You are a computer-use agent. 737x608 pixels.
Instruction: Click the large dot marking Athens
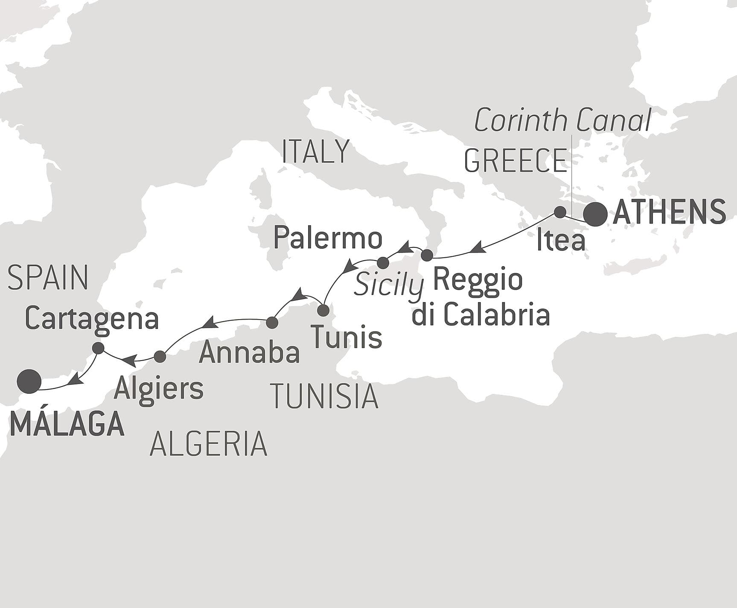tap(595, 214)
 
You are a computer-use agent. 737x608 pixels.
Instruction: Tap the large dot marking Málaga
tap(29, 381)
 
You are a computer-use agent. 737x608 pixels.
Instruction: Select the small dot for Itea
tap(560, 212)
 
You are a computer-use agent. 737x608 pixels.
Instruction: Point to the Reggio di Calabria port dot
tap(427, 256)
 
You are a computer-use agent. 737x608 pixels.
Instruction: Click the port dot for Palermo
tap(383, 263)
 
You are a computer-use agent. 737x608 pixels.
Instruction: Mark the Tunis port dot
tap(323, 310)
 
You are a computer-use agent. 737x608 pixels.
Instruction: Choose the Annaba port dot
tap(272, 323)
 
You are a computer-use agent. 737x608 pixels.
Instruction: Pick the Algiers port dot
tap(160, 357)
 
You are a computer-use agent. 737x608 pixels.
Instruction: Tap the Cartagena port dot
tap(98, 348)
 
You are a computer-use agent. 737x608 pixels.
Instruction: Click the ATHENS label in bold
tap(669, 212)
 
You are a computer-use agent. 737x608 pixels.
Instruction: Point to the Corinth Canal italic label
tap(562, 120)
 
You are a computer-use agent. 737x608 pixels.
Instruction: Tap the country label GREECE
tap(515, 160)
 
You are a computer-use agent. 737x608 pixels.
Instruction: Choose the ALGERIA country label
tap(208, 444)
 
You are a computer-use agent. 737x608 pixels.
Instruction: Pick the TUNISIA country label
tap(324, 396)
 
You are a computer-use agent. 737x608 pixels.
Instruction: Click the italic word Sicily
tap(389, 285)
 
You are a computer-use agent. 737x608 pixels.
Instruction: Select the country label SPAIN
tap(48, 278)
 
